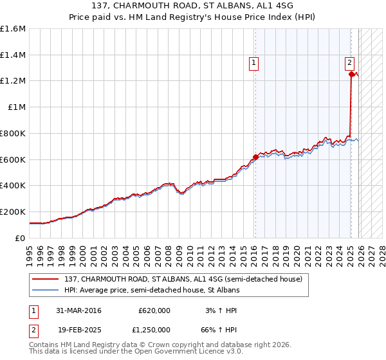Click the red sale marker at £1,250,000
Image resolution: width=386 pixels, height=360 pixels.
click(351, 75)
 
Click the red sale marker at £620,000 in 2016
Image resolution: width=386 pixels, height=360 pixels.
click(255, 156)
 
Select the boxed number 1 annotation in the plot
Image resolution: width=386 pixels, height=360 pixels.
click(254, 63)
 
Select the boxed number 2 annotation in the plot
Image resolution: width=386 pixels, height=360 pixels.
click(349, 63)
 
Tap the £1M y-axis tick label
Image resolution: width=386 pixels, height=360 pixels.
click(16, 107)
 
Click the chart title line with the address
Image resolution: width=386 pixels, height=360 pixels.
click(193, 6)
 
